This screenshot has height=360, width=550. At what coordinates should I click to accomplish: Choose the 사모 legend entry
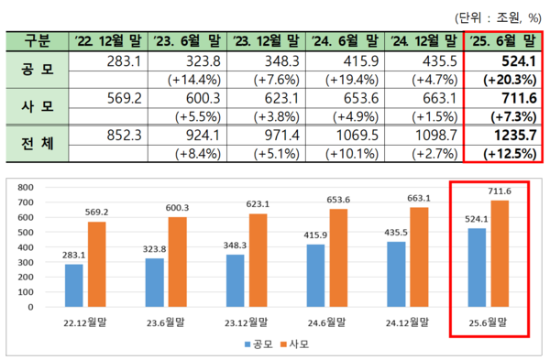[294, 345]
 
